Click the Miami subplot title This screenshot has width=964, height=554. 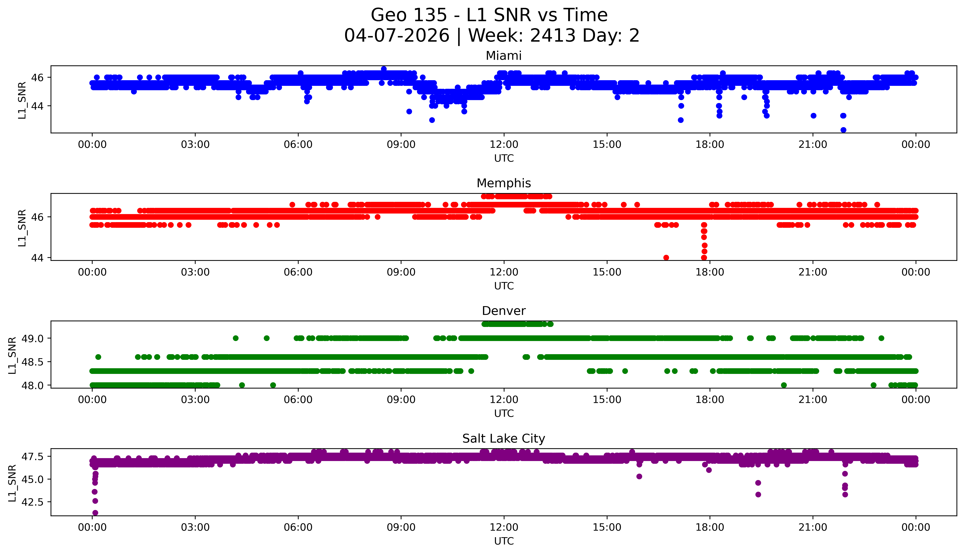point(503,56)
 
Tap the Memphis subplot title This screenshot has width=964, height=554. point(503,183)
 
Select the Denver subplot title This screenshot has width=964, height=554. point(503,311)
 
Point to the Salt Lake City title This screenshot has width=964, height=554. point(503,439)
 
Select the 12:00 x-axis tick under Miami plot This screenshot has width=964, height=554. point(504,145)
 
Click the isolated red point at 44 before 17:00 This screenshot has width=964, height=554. point(666,258)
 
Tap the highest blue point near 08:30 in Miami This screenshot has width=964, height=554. point(384,69)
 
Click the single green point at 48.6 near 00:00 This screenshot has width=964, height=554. point(98,357)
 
